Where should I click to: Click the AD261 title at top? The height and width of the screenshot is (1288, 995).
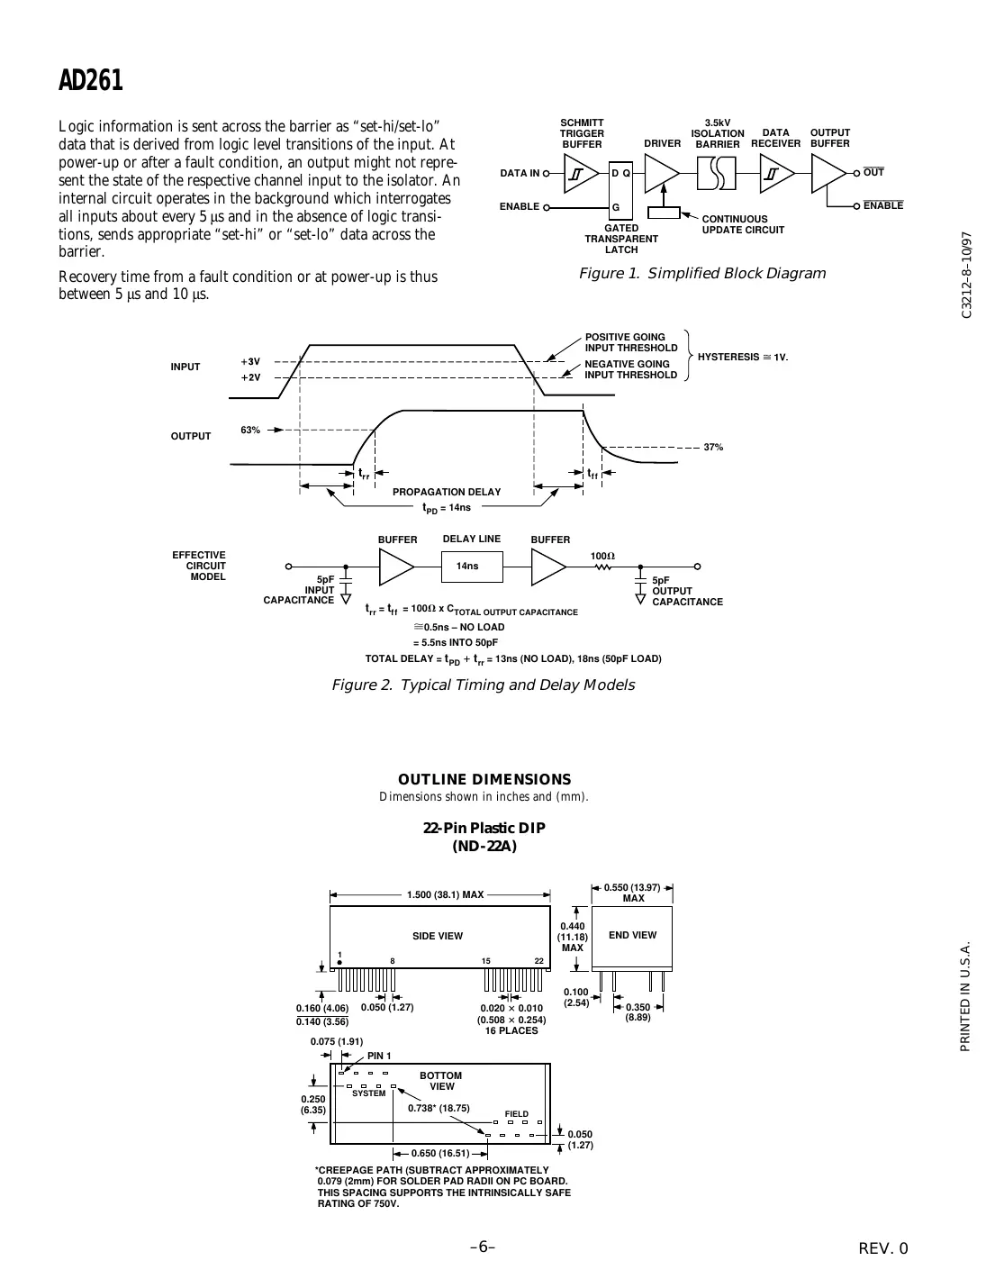91,81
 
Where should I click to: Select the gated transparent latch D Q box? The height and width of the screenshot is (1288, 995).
620,172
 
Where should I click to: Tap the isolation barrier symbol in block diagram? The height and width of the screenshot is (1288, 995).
717,173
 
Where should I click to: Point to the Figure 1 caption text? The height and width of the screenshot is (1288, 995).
701,274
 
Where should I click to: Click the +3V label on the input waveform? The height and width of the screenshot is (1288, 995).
250,361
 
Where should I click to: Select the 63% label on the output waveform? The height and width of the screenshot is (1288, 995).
250,431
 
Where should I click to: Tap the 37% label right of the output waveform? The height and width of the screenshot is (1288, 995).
713,448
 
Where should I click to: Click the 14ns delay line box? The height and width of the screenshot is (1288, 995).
467,567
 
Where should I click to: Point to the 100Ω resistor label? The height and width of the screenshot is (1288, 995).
602,557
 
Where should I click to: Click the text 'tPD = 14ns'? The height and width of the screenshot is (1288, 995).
447,508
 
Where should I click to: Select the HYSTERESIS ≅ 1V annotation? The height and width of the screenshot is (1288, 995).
742,358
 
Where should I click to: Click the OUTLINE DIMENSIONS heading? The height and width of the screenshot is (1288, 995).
484,780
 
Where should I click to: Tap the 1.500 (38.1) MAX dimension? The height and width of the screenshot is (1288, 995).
445,895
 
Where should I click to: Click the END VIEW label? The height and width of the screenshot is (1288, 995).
632,936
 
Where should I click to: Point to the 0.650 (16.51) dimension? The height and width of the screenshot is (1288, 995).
440,1153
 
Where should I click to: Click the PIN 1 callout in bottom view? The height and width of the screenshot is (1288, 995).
379,1056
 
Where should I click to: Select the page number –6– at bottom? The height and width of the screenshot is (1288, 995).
483,1247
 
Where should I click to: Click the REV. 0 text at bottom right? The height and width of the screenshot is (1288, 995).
884,1248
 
